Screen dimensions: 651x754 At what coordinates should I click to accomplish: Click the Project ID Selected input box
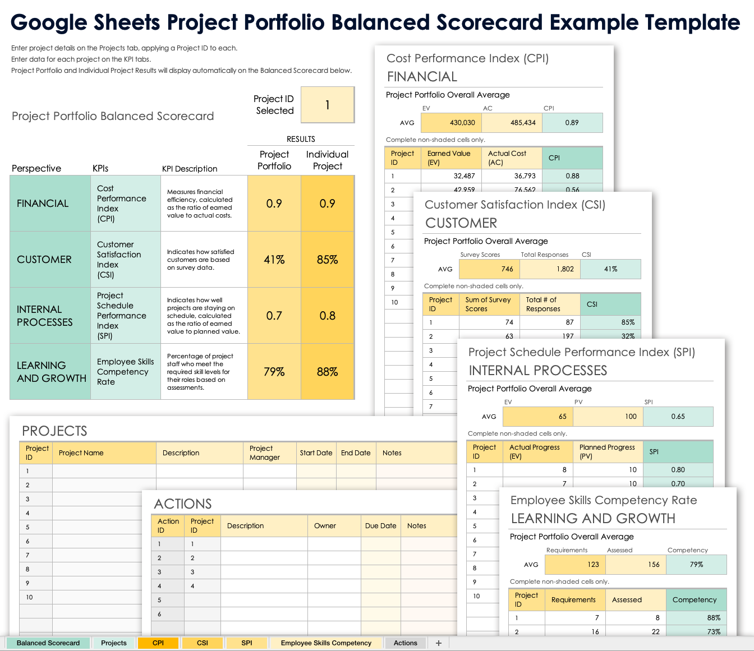(328, 105)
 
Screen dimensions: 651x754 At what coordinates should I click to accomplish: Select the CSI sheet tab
(203, 643)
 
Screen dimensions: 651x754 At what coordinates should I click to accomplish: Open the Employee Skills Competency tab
(326, 643)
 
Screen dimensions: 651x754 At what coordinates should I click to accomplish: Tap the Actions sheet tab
(405, 643)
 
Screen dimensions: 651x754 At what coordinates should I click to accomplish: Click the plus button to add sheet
(439, 643)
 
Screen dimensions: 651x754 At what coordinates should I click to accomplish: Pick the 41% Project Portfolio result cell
(274, 260)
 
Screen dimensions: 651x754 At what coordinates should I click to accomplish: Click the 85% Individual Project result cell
(328, 260)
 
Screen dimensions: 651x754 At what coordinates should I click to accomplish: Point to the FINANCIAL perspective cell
(50, 204)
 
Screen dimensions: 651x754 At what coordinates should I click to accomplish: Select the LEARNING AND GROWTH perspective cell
(50, 372)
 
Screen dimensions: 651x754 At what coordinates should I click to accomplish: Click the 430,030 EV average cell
(451, 123)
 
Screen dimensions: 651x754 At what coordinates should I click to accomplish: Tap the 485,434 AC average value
(512, 123)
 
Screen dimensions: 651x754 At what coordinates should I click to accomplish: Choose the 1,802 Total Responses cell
(550, 269)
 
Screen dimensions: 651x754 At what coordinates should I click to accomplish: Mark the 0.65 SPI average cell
(678, 417)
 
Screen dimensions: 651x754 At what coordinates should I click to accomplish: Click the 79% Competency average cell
(696, 565)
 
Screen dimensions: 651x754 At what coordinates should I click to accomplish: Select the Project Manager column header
(269, 453)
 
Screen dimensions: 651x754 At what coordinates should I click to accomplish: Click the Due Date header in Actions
(380, 526)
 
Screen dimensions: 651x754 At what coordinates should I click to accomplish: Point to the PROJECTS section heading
(54, 431)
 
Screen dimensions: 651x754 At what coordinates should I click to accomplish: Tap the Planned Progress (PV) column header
(608, 452)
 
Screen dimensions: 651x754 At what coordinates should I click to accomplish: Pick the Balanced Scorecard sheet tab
(48, 643)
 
